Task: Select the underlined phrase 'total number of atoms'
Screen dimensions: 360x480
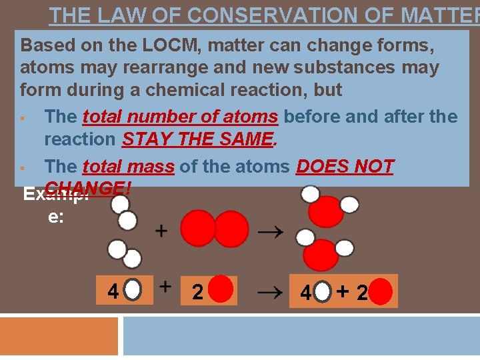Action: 180,117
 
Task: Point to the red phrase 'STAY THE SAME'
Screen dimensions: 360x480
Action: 198,139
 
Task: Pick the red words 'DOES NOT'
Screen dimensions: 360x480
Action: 345,166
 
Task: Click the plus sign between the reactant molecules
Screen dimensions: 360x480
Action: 161,231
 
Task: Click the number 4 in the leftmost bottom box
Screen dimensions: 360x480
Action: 113,291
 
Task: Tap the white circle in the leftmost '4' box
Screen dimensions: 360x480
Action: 133,291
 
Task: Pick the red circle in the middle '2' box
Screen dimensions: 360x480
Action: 222,291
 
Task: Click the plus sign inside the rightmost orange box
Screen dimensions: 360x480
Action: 343,291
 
